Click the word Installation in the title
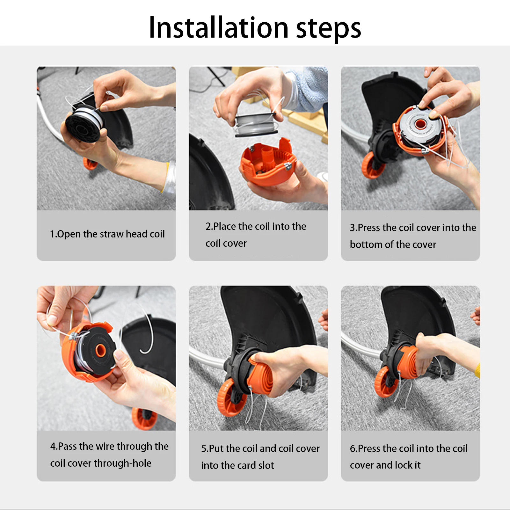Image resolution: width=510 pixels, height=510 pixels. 219,28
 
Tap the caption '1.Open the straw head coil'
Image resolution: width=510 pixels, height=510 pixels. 107,234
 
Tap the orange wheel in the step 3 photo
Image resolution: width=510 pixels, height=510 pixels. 372,165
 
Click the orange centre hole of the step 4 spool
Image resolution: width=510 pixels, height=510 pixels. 101,350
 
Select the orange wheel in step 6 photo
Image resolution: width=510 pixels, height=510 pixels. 385,382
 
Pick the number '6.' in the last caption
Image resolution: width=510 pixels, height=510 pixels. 354,448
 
